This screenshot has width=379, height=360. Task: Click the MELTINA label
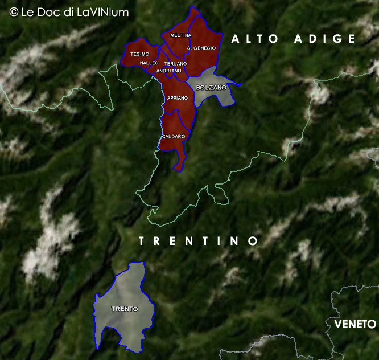tap(180, 35)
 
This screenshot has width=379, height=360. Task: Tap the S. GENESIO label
tap(201, 48)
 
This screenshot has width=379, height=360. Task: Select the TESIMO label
tap(139, 54)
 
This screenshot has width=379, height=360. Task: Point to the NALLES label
tap(149, 63)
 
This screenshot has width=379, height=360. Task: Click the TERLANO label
tap(175, 63)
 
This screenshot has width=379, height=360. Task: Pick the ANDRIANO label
tap(168, 71)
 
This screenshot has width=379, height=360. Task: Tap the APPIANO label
tap(178, 98)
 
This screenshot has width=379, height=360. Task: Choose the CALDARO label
tap(174, 137)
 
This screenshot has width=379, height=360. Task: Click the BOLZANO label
tap(211, 88)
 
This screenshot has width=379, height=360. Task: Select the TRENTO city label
tap(125, 309)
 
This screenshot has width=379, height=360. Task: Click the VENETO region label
tap(355, 324)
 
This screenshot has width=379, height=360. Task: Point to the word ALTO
tap(255, 39)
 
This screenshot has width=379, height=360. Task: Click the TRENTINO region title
tap(199, 241)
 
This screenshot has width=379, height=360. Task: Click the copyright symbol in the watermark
tap(14, 11)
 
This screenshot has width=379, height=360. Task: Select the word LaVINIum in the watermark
tap(105, 11)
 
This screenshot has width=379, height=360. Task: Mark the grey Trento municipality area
tap(122, 325)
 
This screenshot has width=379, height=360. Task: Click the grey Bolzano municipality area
tap(212, 97)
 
